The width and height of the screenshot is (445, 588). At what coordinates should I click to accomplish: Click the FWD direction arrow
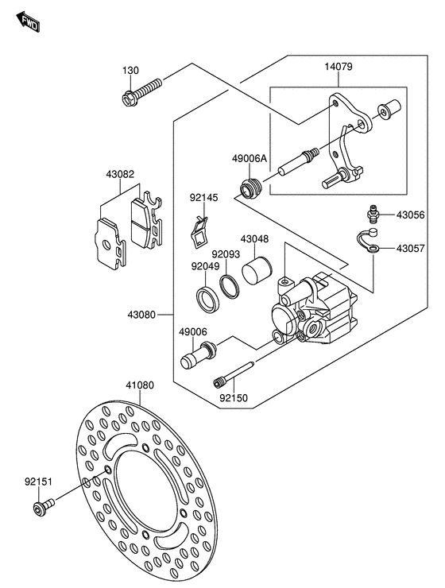[28, 21]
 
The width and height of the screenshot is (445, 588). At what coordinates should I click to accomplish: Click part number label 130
[130, 70]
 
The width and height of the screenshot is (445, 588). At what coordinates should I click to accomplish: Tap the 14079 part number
[339, 67]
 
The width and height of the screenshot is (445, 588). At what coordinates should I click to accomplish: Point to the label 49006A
[250, 159]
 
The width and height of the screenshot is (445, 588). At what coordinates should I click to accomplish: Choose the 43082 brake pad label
[120, 174]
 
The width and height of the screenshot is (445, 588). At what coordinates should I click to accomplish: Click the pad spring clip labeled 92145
[199, 234]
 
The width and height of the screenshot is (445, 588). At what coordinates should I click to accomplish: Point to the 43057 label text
[411, 248]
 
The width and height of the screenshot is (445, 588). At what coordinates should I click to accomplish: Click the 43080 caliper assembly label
[141, 315]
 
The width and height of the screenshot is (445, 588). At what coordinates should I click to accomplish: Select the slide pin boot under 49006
[199, 355]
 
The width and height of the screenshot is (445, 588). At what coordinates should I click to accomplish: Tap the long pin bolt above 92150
[234, 373]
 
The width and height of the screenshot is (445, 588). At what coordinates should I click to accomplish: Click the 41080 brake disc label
[140, 385]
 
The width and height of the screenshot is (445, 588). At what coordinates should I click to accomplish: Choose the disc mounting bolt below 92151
[44, 507]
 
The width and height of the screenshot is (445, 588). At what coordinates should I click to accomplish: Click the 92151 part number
[39, 482]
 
